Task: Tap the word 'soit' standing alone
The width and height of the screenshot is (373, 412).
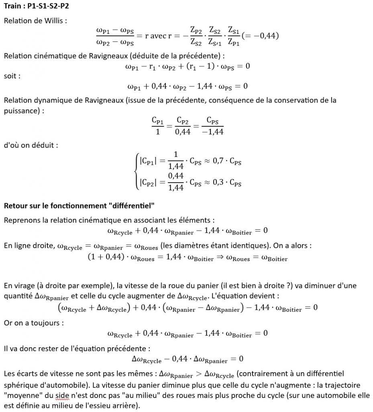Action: pyautogui.click(x=11, y=76)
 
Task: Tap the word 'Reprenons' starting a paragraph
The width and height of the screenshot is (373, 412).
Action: pyautogui.click(x=21, y=220)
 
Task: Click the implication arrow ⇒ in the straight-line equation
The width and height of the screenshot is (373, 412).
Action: pyautogui.click(x=220, y=258)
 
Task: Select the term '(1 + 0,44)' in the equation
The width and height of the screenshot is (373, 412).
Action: pyautogui.click(x=105, y=258)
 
